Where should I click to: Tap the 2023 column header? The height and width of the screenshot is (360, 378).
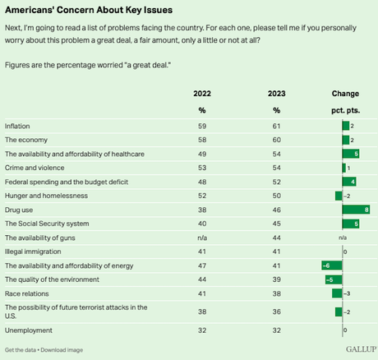pyautogui.click(x=276, y=94)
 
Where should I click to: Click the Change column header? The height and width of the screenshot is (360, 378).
pyautogui.click(x=344, y=94)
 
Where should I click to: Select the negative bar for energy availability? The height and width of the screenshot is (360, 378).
pyautogui.click(x=332, y=265)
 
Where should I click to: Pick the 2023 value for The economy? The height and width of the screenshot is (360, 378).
pyautogui.click(x=276, y=139)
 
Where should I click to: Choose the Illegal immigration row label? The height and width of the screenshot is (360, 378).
pyautogui.click(x=30, y=251)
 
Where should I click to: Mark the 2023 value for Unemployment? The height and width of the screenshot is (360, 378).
pyautogui.click(x=276, y=330)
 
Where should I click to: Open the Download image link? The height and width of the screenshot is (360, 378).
pyautogui.click(x=62, y=350)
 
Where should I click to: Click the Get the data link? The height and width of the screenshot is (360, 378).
pyautogui.click(x=21, y=350)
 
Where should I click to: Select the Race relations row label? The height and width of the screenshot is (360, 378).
pyautogui.click(x=27, y=293)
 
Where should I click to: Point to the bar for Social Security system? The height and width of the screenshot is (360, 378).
pyautogui.click(x=351, y=223)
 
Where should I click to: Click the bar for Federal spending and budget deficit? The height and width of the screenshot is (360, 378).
pyautogui.click(x=349, y=181)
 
